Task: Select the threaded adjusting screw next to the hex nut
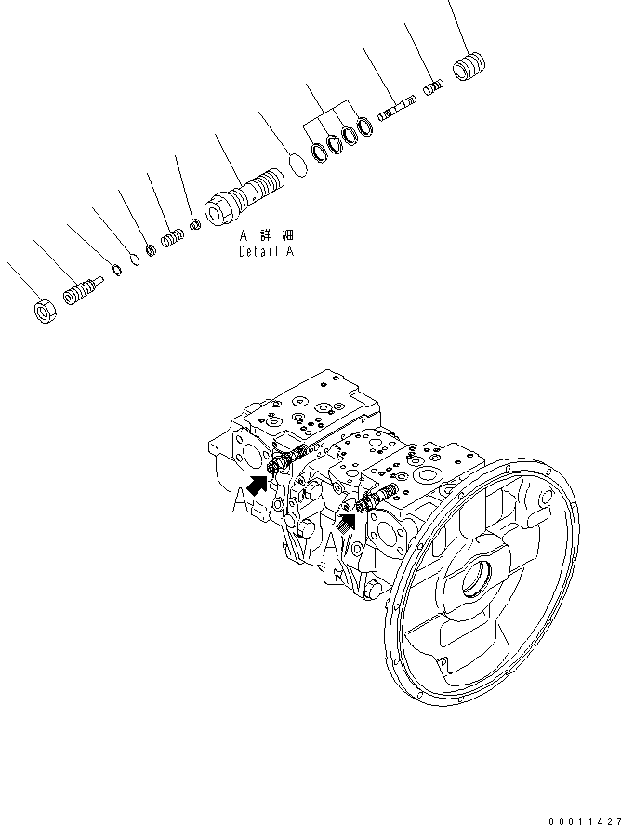81,293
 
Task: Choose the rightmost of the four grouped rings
365,128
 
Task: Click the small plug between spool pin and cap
433,89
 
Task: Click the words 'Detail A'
266,251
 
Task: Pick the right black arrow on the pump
347,524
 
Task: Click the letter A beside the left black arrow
240,500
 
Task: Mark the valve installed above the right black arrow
381,496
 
